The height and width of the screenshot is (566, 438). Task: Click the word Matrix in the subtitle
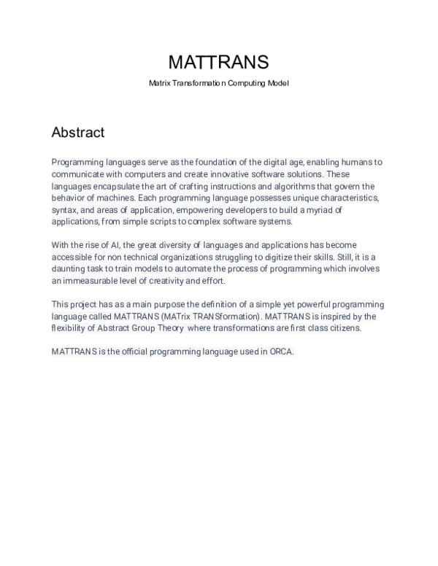point(160,84)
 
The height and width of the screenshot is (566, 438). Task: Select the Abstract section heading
point(78,133)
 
